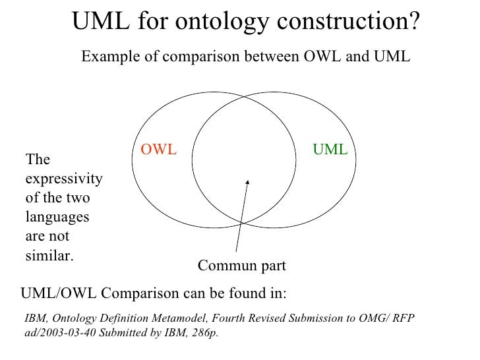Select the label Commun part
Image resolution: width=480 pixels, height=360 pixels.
click(242, 266)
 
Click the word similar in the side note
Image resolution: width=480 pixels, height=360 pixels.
click(48, 255)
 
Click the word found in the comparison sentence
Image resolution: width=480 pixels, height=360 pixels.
click(229, 292)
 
